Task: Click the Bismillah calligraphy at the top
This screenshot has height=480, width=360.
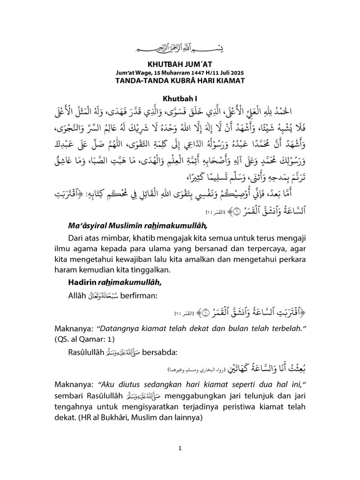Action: pyautogui.click(x=180, y=48)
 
